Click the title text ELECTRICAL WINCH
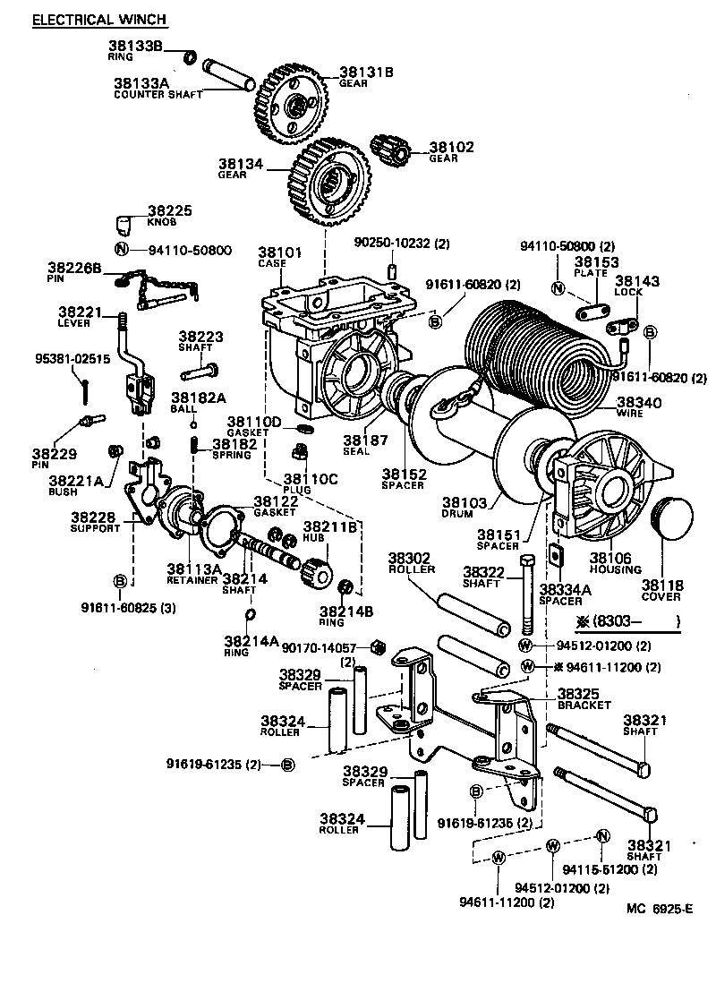click(x=99, y=20)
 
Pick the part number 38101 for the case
click(x=280, y=252)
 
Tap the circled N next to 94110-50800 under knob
click(x=122, y=250)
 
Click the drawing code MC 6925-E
click(x=659, y=909)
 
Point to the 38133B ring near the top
click(x=190, y=58)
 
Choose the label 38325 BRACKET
click(x=584, y=693)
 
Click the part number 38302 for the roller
click(x=411, y=557)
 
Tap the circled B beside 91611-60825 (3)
click(x=119, y=581)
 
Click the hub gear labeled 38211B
click(x=319, y=569)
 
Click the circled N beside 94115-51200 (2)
click(x=602, y=835)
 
